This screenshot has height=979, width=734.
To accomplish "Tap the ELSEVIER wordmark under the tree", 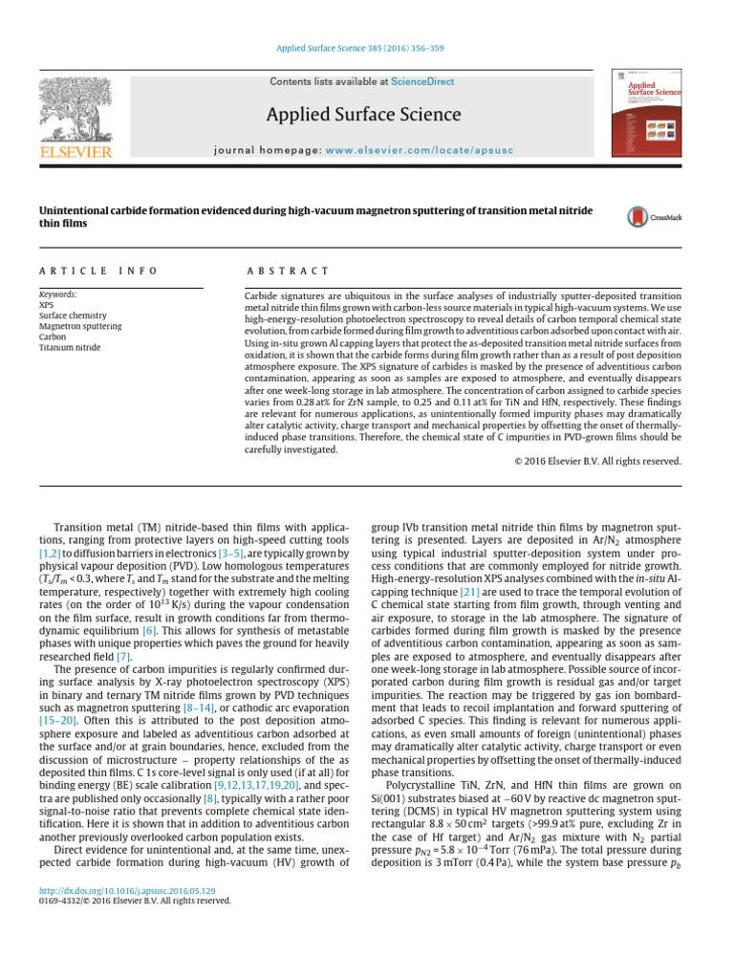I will point(76,152).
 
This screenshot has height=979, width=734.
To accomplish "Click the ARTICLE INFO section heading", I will point(97,272).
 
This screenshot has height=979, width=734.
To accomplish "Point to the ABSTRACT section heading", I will point(288,272).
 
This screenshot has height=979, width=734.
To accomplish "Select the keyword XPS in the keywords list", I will point(47,305).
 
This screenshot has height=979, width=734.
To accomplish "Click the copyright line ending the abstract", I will point(592,461).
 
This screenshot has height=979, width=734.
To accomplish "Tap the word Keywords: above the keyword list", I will point(57,294).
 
